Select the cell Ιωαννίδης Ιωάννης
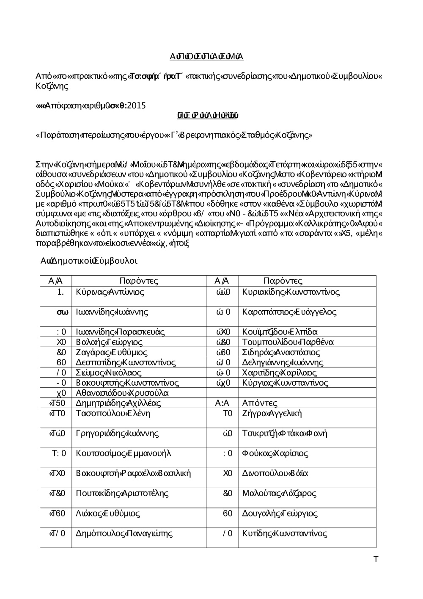pyautogui.click(x=112, y=312)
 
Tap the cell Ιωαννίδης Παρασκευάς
pyautogui.click(x=120, y=332)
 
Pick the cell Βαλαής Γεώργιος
pyautogui.click(x=109, y=342)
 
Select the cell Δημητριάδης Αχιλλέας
pyautogui.click(x=118, y=403)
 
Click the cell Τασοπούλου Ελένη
pyautogui.click(x=113, y=414)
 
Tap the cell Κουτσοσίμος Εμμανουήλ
pyautogui.click(x=124, y=453)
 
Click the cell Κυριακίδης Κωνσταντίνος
pyautogui.click(x=291, y=292)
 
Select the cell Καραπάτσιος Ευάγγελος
pyautogui.click(x=289, y=312)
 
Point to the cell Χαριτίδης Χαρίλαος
pyautogui.click(x=279, y=373)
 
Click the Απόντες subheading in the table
pyautogui.click(x=260, y=403)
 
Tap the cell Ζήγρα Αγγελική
pyautogui.click(x=272, y=414)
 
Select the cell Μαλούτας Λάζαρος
pyautogui.click(x=279, y=493)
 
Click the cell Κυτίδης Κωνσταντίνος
pyautogui.click(x=285, y=533)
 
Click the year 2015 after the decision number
pyautogui.click(x=136, y=106)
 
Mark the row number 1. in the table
pyautogui.click(x=60, y=292)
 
